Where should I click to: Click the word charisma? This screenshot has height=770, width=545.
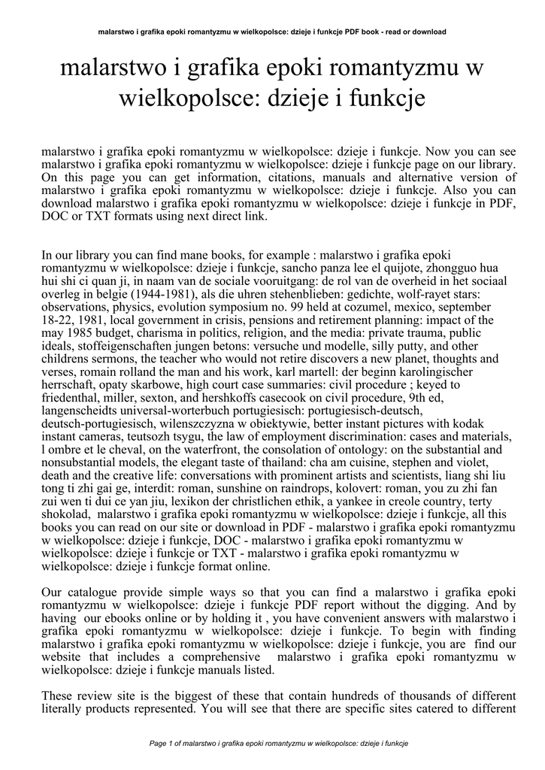point(153,333)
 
